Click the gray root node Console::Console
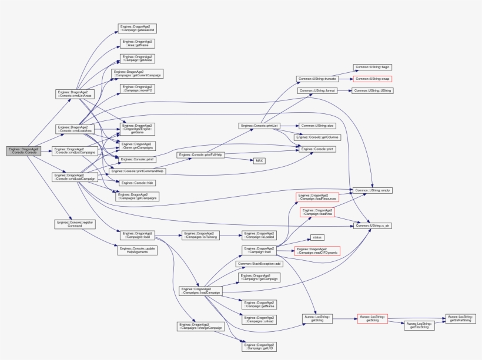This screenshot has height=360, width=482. click(23, 152)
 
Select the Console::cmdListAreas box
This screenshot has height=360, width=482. click(73, 94)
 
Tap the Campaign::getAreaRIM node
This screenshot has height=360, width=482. click(138, 29)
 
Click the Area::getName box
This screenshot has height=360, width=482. click(138, 43)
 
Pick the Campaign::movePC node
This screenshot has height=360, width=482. click(138, 89)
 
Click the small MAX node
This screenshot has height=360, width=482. click(259, 160)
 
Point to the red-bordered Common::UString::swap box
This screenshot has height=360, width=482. click(372, 78)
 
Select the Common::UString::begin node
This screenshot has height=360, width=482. click(372, 68)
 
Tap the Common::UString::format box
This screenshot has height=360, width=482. click(314, 90)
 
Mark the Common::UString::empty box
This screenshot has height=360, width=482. click(371, 190)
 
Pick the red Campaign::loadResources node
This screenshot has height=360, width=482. click(317, 197)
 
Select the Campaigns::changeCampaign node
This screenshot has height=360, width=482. click(200, 326)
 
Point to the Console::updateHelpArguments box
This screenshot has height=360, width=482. click(137, 250)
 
